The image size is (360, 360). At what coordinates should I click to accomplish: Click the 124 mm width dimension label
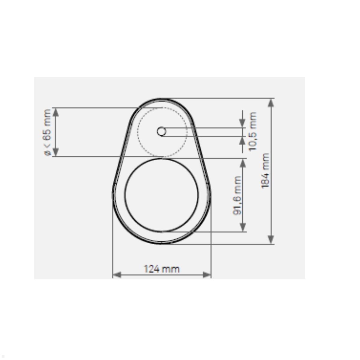162,268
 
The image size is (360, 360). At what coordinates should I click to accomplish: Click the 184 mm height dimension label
265,171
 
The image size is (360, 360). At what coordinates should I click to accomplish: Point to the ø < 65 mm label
48,132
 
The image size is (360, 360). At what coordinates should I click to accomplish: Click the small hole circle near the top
161,131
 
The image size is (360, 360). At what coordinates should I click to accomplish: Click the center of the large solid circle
162,195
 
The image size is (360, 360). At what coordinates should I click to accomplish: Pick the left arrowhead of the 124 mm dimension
116,274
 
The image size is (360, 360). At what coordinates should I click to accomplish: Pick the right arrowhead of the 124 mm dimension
207,274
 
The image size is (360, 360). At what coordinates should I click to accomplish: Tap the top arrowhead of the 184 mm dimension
271,103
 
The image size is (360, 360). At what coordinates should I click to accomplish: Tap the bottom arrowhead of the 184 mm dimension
271,239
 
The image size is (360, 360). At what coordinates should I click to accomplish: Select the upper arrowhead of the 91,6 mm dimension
243,163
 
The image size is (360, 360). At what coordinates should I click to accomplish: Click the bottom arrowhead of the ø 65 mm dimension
56,152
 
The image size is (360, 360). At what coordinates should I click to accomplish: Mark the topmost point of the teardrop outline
162,98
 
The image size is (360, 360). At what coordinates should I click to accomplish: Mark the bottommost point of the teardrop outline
162,244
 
